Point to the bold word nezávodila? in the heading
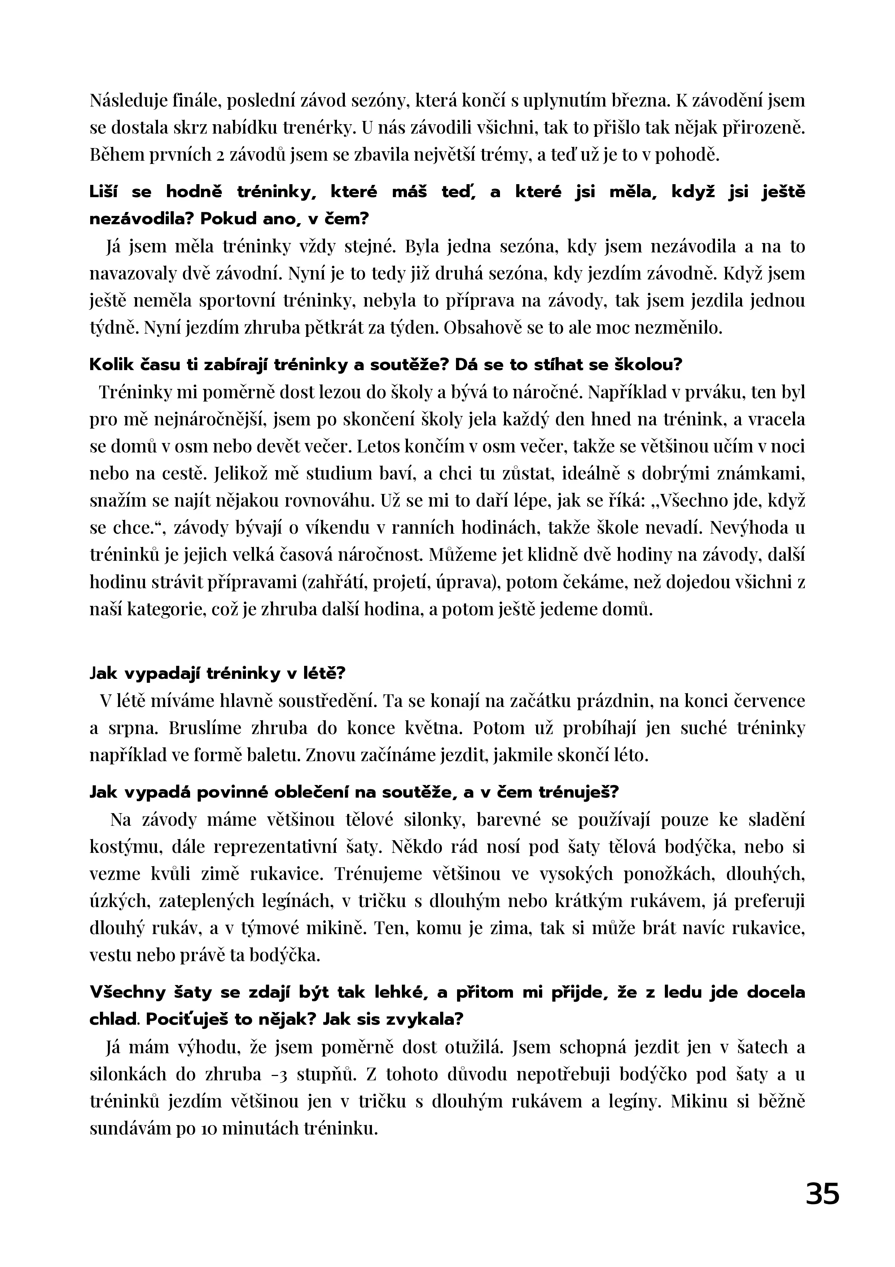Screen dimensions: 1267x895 point(141,219)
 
